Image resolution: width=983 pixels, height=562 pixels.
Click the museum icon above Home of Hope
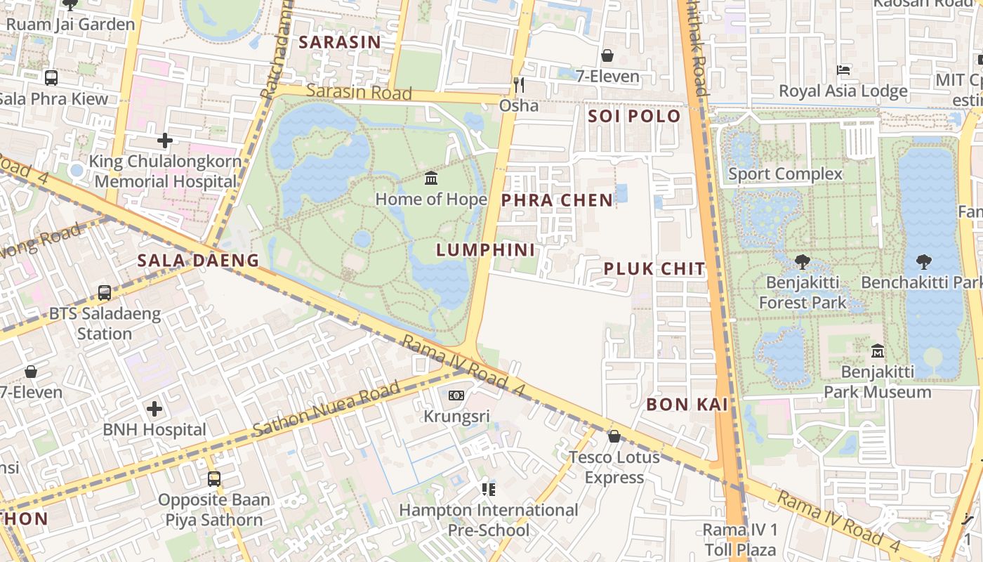pyautogui.click(x=431, y=178)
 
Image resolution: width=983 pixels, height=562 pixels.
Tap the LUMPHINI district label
pyautogui.click(x=485, y=250)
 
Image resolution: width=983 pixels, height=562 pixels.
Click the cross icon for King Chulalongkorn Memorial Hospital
pyautogui.click(x=165, y=140)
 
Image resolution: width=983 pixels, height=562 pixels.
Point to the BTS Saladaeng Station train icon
pyautogui.click(x=105, y=292)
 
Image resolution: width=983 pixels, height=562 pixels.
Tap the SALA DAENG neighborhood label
pyautogui.click(x=198, y=261)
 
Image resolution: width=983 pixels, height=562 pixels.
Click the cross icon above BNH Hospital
pyautogui.click(x=154, y=408)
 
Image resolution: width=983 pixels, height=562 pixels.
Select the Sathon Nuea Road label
pyautogui.click(x=326, y=409)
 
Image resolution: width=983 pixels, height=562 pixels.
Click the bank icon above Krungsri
pyautogui.click(x=456, y=396)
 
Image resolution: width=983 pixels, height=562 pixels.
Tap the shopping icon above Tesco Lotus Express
pyautogui.click(x=614, y=436)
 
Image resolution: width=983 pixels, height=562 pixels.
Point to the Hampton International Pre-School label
pyautogui.click(x=489, y=520)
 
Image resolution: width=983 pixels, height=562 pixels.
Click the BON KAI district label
pyautogui.click(x=687, y=405)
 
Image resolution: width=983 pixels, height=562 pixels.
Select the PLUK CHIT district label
pyautogui.click(x=654, y=269)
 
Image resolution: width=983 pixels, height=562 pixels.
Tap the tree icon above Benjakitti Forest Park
pyautogui.click(x=803, y=262)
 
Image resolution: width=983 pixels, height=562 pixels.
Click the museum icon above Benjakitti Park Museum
pyautogui.click(x=877, y=351)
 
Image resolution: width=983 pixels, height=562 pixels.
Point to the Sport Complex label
pyautogui.click(x=785, y=174)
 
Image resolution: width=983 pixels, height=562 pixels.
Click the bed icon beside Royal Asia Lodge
pyautogui.click(x=843, y=70)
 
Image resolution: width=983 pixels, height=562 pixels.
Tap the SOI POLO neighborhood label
pyautogui.click(x=634, y=117)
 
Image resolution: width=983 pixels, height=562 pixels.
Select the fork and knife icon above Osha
pyautogui.click(x=519, y=85)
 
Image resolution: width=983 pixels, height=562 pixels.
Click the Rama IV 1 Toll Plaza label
pyautogui.click(x=740, y=539)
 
